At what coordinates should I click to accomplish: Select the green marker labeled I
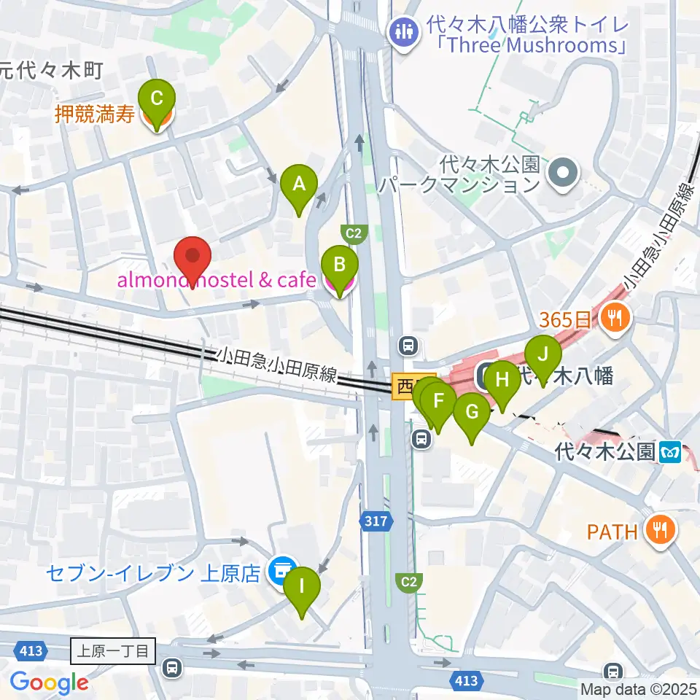[x=303, y=587]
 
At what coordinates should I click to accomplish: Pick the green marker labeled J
[x=542, y=355]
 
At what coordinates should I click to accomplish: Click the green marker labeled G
[x=472, y=413]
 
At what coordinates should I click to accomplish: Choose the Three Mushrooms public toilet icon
[x=402, y=31]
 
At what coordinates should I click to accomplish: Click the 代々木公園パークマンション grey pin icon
[x=564, y=173]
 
